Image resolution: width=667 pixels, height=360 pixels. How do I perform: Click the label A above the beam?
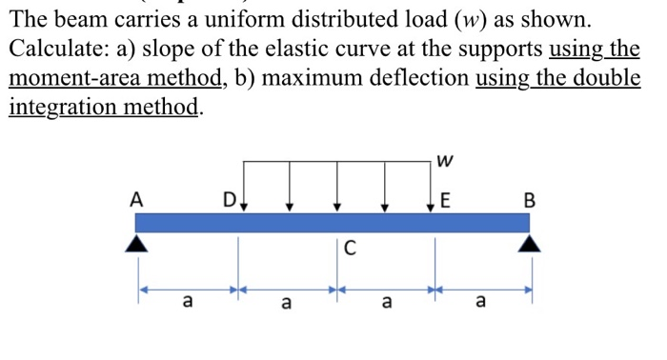pos(137,200)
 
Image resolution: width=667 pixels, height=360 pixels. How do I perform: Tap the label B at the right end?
pos(531,200)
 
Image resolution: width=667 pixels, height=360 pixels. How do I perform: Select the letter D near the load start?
pos(229,201)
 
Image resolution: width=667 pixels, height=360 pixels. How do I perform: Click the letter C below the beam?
pos(349,250)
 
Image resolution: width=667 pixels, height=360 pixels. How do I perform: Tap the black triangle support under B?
pos(530,244)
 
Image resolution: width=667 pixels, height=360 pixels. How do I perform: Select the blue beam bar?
pos(333,222)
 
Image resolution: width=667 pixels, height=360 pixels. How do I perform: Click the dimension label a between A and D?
pos(187,304)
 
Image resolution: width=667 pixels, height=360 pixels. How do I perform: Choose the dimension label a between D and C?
pos(285,304)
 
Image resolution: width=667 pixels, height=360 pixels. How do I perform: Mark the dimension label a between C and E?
pos(385,304)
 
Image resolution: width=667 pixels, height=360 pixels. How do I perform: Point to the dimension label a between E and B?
pos(480,304)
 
